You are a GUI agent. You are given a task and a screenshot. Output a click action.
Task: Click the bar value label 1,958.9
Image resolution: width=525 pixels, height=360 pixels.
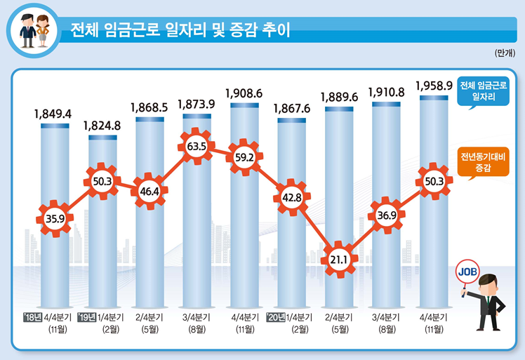tap(433, 85)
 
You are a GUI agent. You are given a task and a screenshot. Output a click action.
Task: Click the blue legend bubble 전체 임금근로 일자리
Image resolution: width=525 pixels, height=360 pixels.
tap(482, 91)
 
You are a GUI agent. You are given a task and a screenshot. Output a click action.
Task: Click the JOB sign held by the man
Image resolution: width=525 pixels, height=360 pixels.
tap(467, 270)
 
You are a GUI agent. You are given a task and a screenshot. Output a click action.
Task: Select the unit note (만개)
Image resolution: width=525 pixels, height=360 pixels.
tap(505, 54)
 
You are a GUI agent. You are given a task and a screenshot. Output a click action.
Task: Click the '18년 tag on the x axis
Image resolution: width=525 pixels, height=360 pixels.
tap(32, 318)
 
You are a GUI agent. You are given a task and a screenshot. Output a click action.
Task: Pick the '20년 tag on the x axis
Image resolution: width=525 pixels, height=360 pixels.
tap(277, 318)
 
